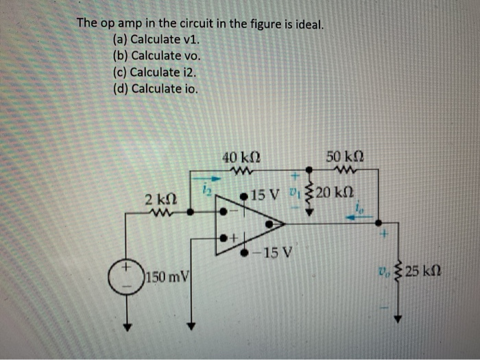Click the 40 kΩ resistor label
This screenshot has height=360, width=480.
tap(240, 156)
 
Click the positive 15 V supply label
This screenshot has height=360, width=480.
tap(263, 195)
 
